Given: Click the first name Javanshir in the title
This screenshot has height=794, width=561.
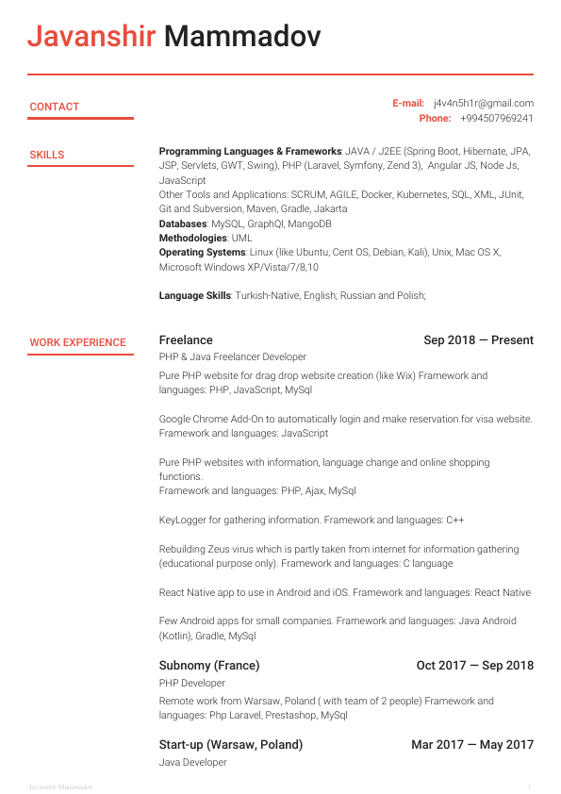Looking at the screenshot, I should point(91,37).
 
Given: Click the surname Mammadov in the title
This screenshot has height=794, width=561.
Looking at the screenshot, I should point(242,37).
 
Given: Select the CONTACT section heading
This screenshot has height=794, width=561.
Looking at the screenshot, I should point(55,108).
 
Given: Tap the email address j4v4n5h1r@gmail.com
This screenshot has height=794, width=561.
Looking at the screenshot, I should point(484,104).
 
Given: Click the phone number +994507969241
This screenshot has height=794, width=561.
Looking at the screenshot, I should point(497,119).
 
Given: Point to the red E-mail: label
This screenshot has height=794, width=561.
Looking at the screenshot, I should point(408,104).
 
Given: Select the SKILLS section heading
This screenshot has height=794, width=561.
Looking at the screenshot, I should point(47,155).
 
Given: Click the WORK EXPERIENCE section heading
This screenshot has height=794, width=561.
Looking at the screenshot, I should point(77,343).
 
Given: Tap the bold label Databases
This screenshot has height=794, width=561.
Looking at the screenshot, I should point(182,224).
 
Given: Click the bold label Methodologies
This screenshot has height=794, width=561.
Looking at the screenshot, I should point(192,239).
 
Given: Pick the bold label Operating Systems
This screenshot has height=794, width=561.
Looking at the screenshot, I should point(202,253).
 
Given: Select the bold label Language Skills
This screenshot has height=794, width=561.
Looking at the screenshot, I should point(194,296).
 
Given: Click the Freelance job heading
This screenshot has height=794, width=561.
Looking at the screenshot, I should point(186,340).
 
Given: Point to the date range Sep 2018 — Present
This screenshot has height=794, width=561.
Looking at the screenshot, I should point(478,340).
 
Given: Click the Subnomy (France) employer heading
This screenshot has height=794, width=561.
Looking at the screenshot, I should point(209,666).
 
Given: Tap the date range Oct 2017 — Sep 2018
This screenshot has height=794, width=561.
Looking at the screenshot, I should point(474,666).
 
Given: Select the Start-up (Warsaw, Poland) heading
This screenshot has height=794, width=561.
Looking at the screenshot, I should point(231,745).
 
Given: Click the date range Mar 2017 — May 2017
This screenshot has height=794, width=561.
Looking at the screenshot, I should point(472,745).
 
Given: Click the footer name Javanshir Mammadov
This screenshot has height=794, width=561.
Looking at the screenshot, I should point(60,786).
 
